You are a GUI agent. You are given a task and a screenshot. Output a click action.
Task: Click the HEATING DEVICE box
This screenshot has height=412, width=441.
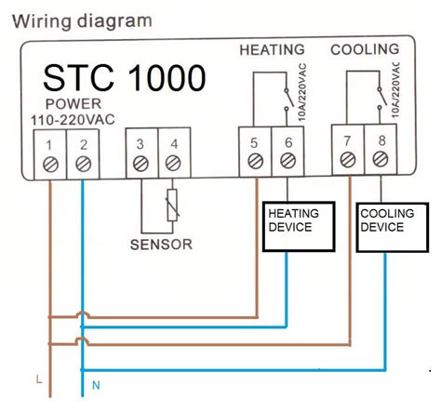click(x=299, y=227)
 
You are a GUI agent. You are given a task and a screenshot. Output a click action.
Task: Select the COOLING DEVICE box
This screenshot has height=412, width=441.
click(x=390, y=227)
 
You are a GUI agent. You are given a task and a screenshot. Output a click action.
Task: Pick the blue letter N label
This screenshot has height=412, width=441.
click(x=95, y=384)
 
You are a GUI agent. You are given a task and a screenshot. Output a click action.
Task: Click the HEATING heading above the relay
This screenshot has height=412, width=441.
click(x=272, y=48)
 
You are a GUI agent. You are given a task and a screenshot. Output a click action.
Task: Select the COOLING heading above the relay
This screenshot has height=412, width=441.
click(x=365, y=48)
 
